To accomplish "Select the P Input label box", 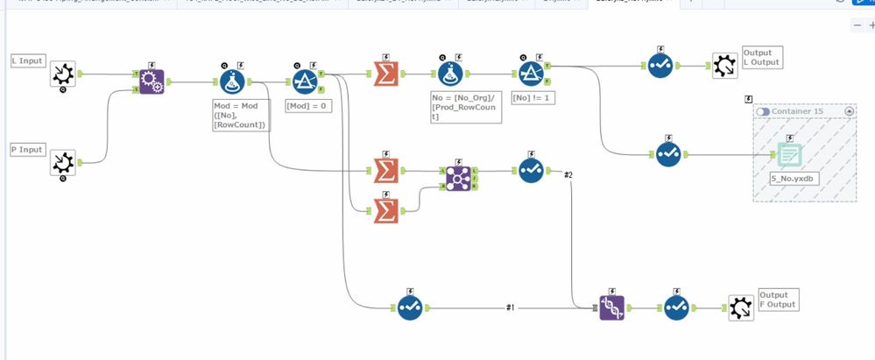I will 28,150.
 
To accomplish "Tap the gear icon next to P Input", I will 62,163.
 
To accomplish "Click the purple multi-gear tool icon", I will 151,82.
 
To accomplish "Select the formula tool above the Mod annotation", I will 232,82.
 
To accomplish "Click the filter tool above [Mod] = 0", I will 305,82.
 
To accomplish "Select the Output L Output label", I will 760,58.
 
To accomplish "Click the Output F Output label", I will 777,300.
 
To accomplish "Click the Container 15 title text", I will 797,112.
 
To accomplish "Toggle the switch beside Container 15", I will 762,112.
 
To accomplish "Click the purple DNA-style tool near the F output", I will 612,307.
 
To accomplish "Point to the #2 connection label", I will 568,175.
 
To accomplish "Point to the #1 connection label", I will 511,307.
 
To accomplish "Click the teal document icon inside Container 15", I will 789,154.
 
